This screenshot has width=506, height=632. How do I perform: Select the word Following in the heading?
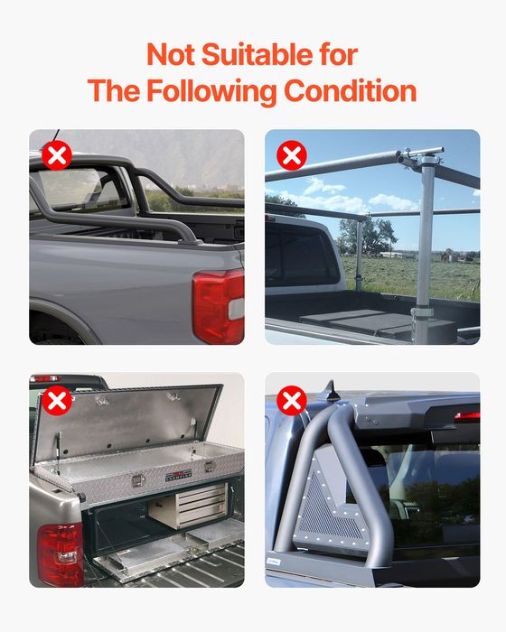tap(209, 91)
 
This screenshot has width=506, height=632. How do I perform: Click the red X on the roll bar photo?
tap(57, 156)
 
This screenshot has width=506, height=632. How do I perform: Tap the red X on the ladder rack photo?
tap(291, 156)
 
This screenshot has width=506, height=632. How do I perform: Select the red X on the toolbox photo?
tap(57, 400)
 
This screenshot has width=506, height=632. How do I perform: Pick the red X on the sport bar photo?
tap(291, 400)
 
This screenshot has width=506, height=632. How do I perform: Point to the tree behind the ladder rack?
tap(380, 234)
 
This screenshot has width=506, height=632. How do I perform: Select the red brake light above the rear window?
tap(466, 417)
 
